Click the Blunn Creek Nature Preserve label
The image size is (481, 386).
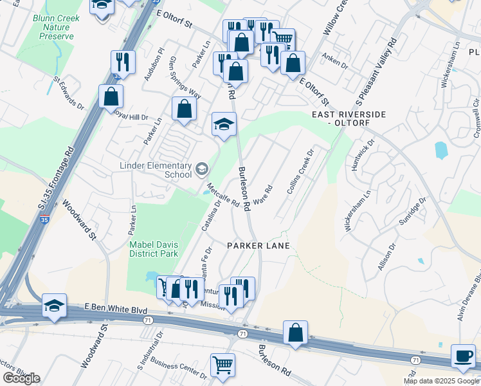pyautogui.click(x=56, y=28)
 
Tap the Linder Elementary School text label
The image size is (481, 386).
pyautogui.click(x=156, y=170)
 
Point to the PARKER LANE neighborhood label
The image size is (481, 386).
pyautogui.click(x=258, y=246)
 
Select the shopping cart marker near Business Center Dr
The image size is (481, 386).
pyautogui.click(x=222, y=365)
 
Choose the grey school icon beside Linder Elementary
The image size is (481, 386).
pyautogui.click(x=202, y=169)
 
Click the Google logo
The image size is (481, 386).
pyautogui.click(x=21, y=378)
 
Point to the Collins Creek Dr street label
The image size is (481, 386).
pyautogui.click(x=300, y=172)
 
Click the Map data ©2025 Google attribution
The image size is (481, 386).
pyautogui.click(x=442, y=381)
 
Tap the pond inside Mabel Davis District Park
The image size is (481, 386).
pyautogui.click(x=151, y=277)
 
